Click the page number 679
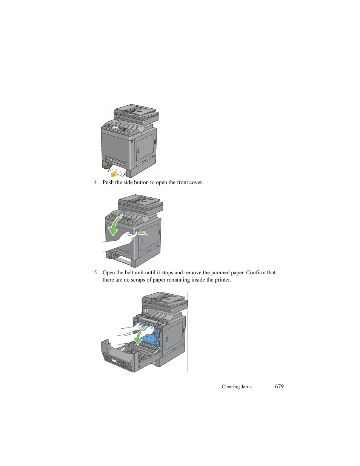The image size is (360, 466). pyautogui.click(x=279, y=386)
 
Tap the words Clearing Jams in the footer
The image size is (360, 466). pyautogui.click(x=237, y=387)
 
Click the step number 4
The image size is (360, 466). pyautogui.click(x=95, y=182)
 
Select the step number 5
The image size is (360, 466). pyautogui.click(x=95, y=272)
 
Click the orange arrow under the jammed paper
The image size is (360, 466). pyautogui.click(x=114, y=173)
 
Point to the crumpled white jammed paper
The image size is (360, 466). pyautogui.click(x=117, y=171)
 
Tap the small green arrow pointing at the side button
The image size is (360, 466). pyautogui.click(x=142, y=233)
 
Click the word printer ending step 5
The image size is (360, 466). pyautogui.click(x=223, y=280)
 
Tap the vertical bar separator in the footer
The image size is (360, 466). pyautogui.click(x=265, y=387)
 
